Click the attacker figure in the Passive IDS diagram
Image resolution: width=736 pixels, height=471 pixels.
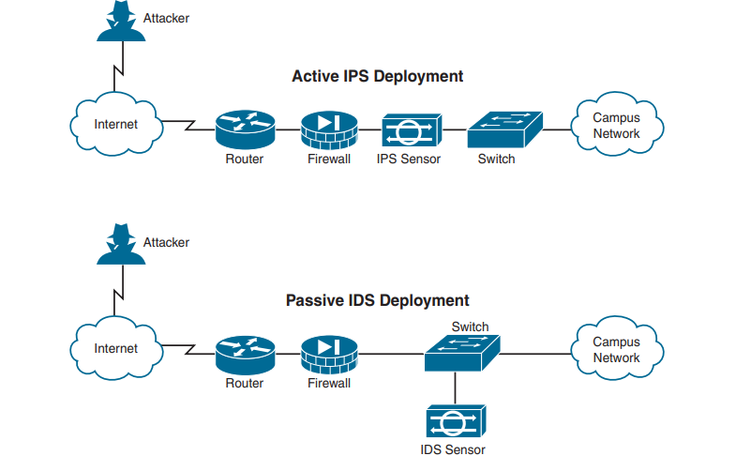pos(116,247)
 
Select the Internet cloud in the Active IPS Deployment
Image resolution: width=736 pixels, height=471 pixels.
pos(116,124)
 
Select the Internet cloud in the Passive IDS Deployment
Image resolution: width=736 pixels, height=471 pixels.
pos(116,348)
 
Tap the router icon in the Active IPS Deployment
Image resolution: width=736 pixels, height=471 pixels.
pos(245,128)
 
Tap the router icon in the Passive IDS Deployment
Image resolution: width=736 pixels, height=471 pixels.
pos(245,353)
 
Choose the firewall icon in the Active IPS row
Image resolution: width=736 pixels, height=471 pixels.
pos(329,128)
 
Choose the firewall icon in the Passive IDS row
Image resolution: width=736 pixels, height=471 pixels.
pos(329,353)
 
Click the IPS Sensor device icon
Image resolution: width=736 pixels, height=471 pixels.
pos(411,129)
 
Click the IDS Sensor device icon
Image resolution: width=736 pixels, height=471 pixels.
pos(455,419)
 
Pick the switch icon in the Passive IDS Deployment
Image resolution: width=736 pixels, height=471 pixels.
pos(461,353)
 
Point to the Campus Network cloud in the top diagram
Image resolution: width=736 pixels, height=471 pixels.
pos(617,125)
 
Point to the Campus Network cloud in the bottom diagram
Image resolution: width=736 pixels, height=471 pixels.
pos(617,349)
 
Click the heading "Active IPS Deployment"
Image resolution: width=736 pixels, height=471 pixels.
pos(377,76)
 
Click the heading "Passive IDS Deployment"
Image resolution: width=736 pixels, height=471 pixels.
pos(377,300)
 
